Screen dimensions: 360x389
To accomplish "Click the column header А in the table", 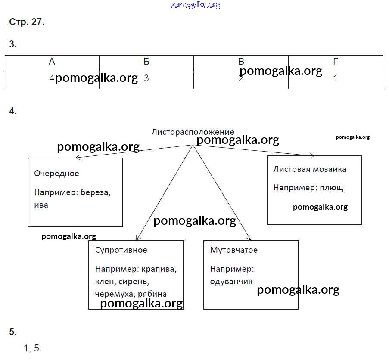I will pos(52,62).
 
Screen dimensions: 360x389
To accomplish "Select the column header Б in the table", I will pos(146,62).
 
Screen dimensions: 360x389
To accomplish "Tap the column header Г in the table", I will pos(336,62).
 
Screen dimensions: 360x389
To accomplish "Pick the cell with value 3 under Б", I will pos(146,79).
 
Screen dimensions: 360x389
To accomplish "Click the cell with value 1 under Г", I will pos(336,79).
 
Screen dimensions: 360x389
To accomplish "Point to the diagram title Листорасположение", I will pos(193,132).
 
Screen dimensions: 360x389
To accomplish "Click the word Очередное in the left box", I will pos(56,174).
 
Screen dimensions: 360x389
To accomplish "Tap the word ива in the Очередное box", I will pos(41,205).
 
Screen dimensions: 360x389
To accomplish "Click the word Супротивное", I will pos(121,250).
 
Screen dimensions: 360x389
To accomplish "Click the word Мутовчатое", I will pos(234,250).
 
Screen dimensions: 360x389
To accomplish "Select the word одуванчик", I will pos(231,282).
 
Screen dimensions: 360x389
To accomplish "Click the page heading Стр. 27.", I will pos(27,22).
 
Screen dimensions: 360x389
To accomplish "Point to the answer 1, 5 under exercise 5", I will pos(31,348).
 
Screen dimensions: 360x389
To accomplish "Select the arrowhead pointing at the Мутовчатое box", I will pos(249,238).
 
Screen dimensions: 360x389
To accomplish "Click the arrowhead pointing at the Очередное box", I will pos(78,158).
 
